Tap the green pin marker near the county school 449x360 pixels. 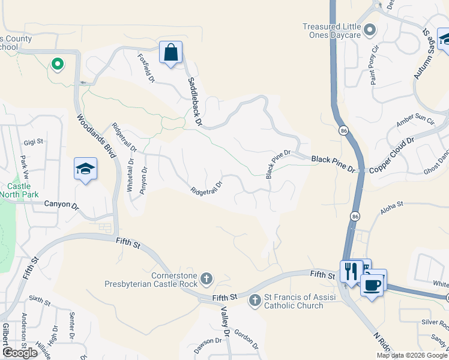[x=57, y=63]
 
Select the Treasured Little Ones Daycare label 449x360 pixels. [x=331, y=31]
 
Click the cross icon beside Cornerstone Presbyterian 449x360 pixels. [x=206, y=278]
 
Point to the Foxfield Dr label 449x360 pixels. [x=146, y=68]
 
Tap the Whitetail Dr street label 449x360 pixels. [x=130, y=174]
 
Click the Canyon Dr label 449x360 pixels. [x=62, y=205]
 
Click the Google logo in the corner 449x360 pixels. [x=20, y=353]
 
